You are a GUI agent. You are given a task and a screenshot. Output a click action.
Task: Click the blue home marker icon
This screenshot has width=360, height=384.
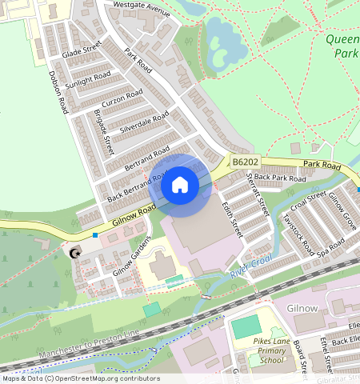coord(180,185)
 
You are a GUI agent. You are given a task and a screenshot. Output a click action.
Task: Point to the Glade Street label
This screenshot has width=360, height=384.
coord(82,50)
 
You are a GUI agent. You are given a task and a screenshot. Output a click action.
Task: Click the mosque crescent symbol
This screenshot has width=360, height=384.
coord(75,254)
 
